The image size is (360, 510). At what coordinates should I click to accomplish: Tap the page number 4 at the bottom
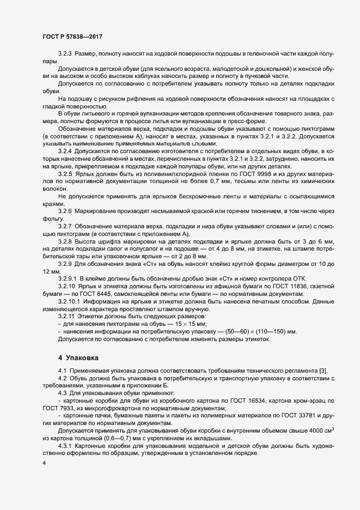(44, 463)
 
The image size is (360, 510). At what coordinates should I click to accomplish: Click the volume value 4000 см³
(322, 430)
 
